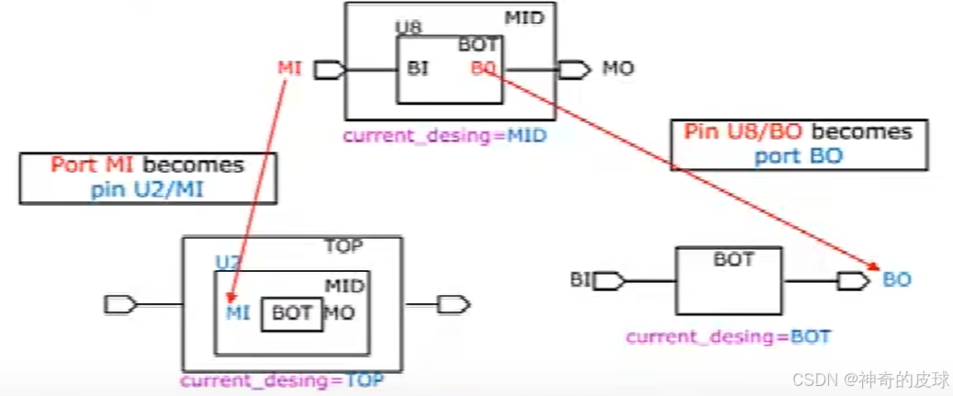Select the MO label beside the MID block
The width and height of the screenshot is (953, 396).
[618, 68]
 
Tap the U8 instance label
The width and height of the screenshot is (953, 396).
[408, 28]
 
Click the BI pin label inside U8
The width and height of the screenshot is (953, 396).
[418, 68]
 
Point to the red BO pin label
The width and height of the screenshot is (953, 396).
[483, 68]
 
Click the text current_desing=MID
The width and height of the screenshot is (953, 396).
[445, 136]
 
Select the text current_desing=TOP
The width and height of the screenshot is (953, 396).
[282, 379]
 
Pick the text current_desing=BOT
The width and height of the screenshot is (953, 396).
[728, 337]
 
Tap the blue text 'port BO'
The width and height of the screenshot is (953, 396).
[799, 156]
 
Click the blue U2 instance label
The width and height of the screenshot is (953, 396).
[227, 263]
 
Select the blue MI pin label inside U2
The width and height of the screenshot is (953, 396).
[237, 312]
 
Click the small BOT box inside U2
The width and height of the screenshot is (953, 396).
[292, 313]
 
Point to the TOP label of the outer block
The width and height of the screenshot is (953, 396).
[344, 246]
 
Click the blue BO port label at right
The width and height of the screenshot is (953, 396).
[896, 280]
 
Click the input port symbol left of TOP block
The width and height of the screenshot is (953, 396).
[121, 304]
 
